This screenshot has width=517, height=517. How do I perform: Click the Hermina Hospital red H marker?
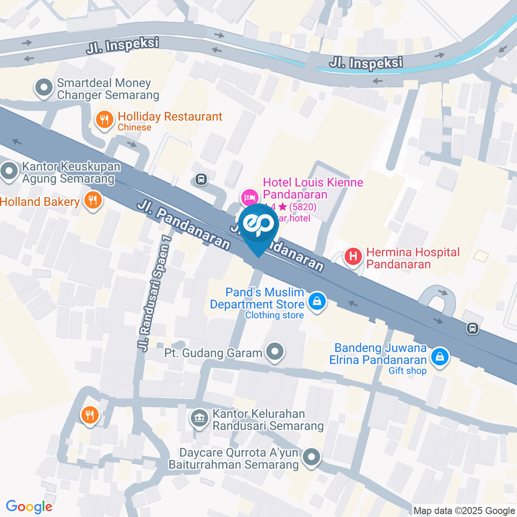coord(353,256)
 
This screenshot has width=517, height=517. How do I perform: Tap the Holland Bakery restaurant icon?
coord(93,201)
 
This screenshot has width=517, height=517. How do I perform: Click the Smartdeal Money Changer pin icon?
coord(43,87)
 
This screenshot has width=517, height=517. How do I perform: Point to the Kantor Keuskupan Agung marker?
coord(9,172)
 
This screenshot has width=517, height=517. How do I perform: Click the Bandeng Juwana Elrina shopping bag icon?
coord(440,356)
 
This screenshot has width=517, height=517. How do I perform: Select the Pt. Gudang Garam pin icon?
coord(276,353)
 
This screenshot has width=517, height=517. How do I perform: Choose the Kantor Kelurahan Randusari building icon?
coord(200,418)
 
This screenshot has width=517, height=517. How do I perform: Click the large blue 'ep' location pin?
coord(258,227)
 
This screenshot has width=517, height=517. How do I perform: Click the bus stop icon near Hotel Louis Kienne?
coord(201,179)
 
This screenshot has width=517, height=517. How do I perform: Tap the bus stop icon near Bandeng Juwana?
coord(472,327)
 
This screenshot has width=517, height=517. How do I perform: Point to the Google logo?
coord(29,507)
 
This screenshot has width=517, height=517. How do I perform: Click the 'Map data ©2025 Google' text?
coord(464,511)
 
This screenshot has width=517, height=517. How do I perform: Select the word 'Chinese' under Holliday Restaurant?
coord(134,128)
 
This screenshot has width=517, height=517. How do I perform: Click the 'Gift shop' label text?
coord(408,371)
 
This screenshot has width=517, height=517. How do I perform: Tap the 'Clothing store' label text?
coord(274,315)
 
